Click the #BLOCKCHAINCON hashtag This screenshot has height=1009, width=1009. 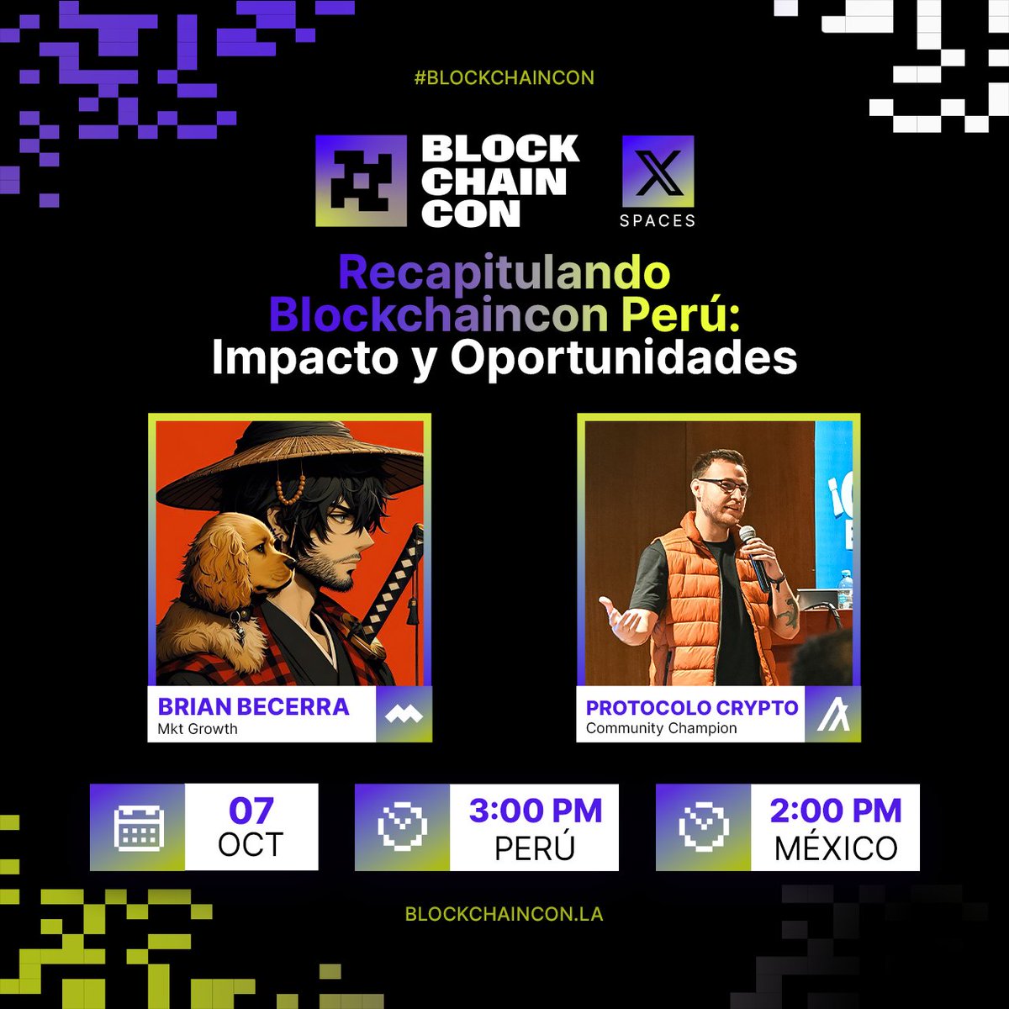click(504, 78)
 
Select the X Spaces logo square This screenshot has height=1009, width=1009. click(658, 172)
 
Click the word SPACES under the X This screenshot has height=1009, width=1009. click(658, 221)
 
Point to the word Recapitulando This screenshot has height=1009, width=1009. click(504, 272)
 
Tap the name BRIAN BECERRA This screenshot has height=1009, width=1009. click(253, 706)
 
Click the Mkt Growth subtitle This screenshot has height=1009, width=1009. click(198, 729)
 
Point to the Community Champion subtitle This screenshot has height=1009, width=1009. click(661, 728)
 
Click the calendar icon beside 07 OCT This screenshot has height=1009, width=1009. click(138, 827)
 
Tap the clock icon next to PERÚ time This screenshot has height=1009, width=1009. click(402, 827)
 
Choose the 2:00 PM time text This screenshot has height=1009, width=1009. click(835, 811)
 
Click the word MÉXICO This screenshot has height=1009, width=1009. click(835, 848)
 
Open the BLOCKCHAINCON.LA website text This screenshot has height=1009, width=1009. click(504, 914)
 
